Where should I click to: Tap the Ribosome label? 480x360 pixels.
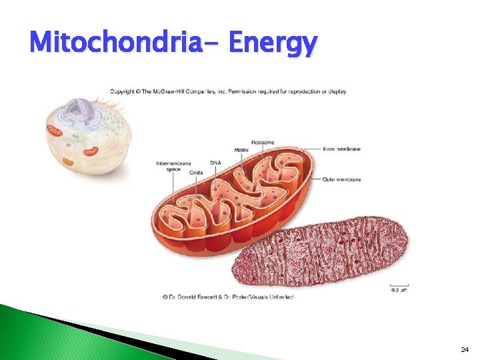coord(262,143)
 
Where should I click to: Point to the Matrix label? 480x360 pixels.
coord(241,151)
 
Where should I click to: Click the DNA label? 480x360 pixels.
coord(215,163)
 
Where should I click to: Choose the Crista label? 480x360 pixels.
coord(196,173)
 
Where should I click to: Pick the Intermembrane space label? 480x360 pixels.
coord(173,166)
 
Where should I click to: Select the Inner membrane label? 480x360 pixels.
coord(341,149)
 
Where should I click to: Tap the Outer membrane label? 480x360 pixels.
coord(341,179)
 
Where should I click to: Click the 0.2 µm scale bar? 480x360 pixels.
coord(399,288)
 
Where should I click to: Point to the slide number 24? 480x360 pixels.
coord(464,349)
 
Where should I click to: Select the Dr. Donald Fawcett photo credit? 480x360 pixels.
coord(227,297)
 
